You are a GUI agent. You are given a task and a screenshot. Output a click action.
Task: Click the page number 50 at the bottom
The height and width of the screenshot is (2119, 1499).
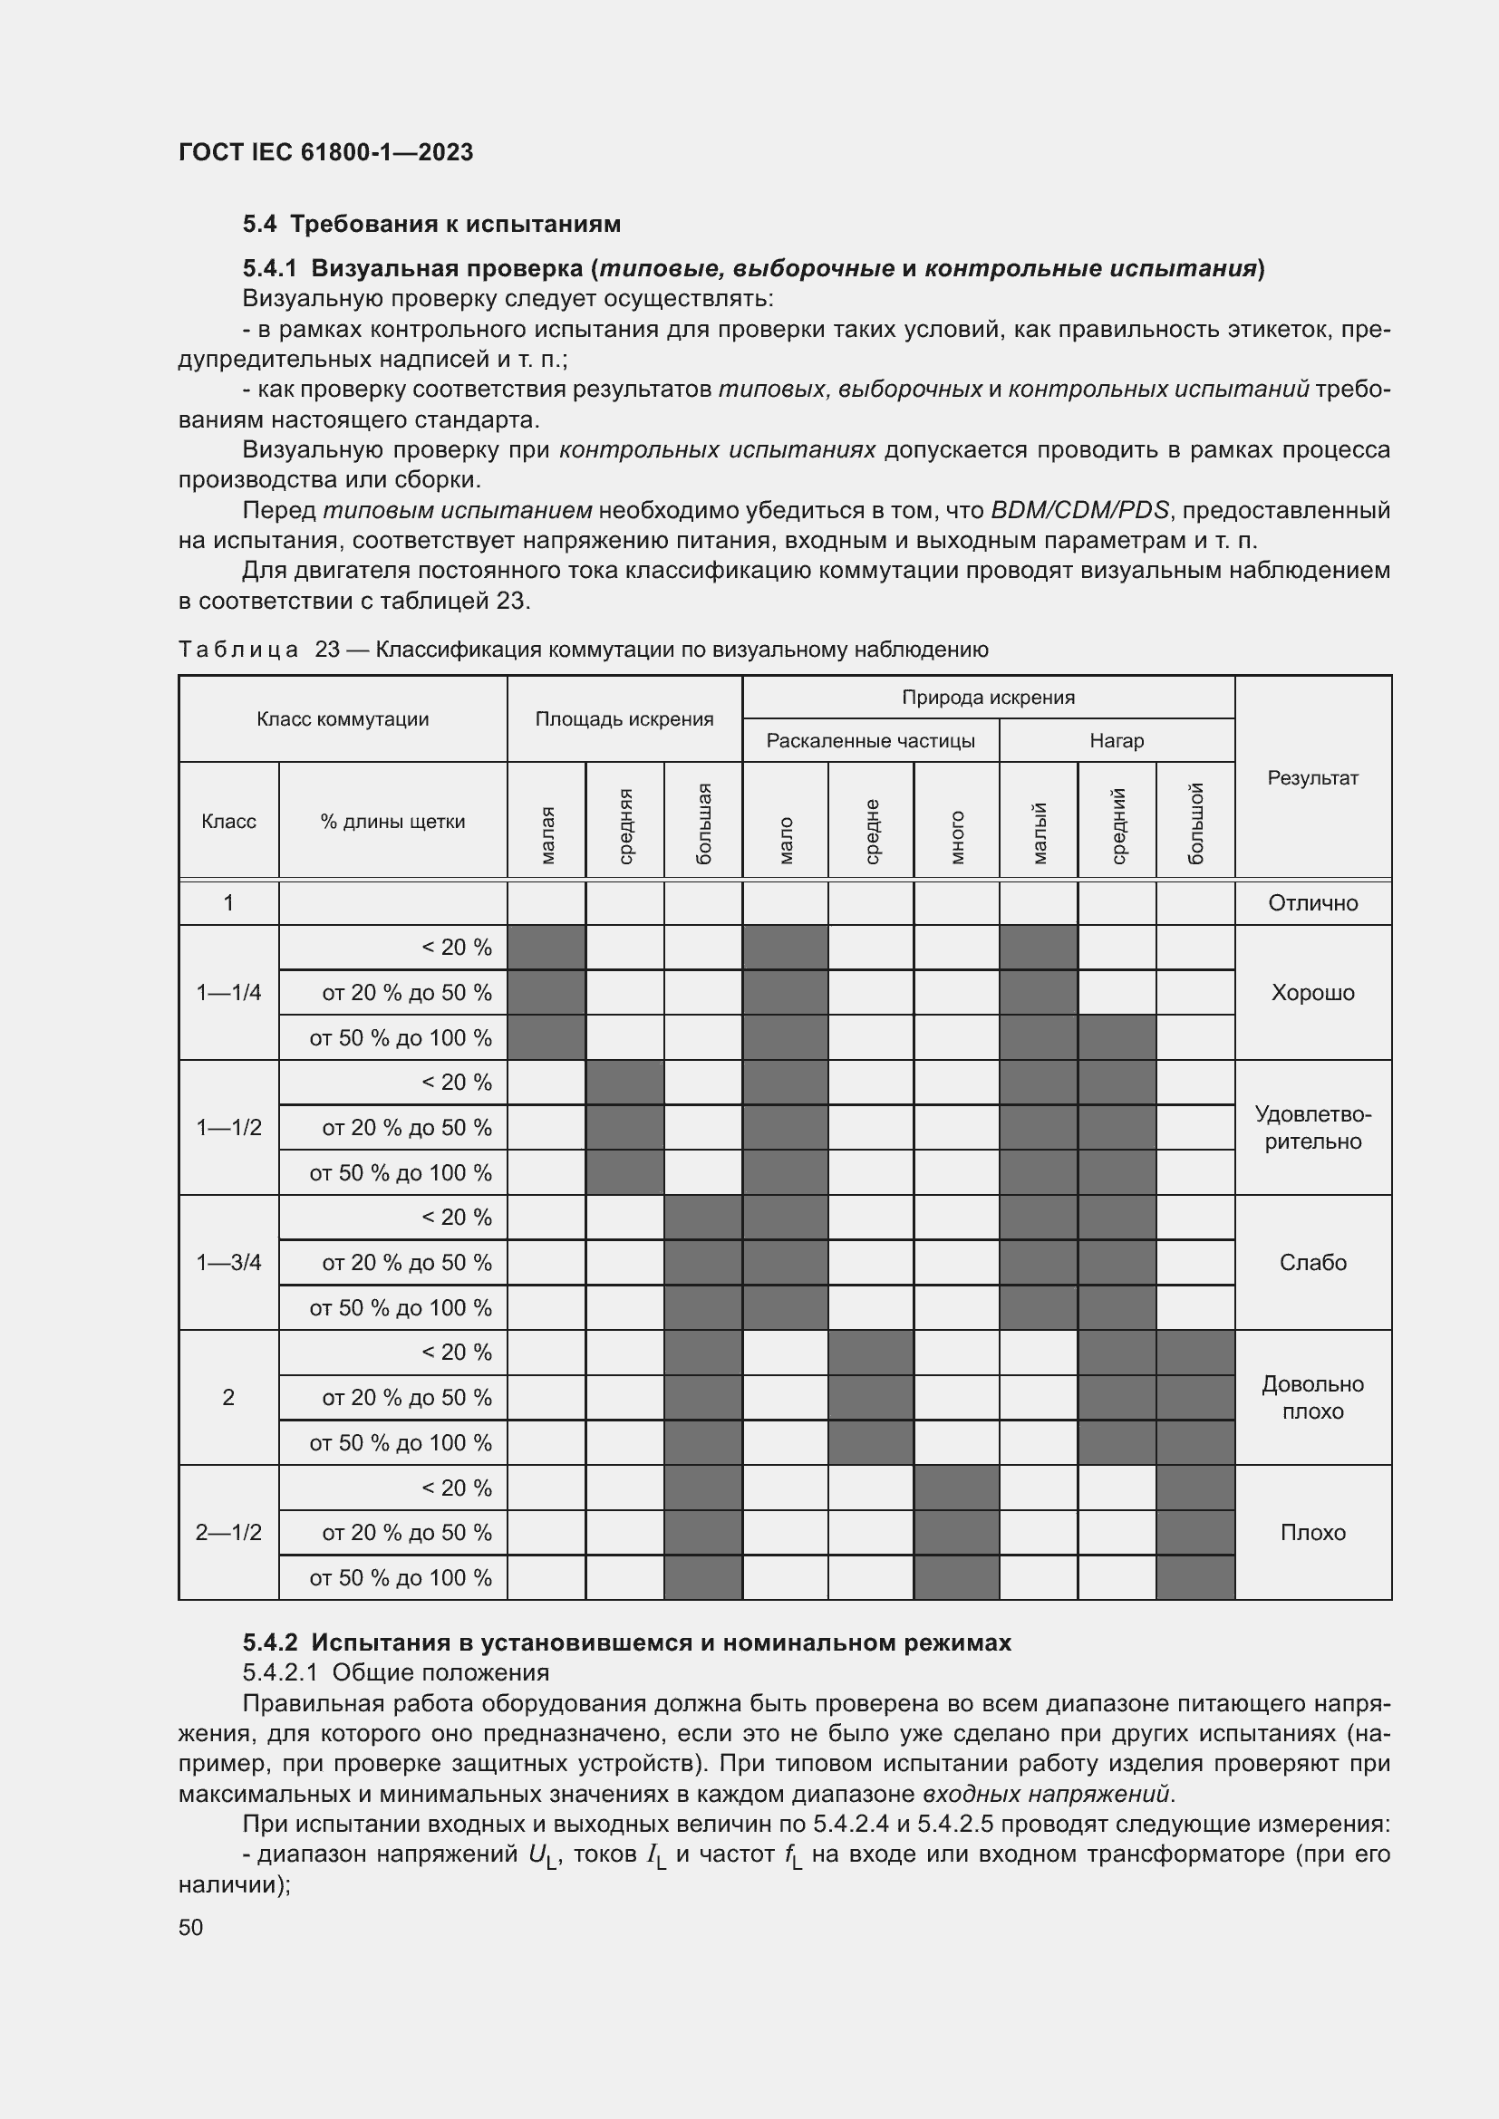(x=190, y=1927)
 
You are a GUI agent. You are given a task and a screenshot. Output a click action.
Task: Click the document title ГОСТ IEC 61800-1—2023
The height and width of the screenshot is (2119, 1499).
(x=326, y=152)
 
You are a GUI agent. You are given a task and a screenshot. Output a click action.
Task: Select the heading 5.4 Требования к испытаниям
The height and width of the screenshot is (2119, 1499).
(x=431, y=225)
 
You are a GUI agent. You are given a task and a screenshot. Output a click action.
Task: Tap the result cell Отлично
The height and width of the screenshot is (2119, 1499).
(x=1312, y=902)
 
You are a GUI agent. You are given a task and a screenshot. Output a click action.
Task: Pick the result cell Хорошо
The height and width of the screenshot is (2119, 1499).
(x=1312, y=993)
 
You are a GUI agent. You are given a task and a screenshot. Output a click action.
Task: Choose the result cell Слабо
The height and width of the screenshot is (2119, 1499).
(x=1312, y=1263)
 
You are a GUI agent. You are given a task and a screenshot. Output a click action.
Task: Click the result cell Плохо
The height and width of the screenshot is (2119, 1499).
(x=1312, y=1532)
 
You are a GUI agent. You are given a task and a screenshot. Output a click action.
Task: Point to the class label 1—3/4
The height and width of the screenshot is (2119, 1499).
(x=228, y=1263)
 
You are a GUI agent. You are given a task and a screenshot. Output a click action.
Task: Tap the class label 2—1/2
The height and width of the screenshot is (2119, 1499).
(x=228, y=1532)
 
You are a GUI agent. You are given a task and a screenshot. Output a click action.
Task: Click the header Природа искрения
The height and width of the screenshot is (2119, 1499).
(x=988, y=698)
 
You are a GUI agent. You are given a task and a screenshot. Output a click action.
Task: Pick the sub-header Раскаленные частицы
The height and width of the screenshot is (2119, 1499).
(x=870, y=741)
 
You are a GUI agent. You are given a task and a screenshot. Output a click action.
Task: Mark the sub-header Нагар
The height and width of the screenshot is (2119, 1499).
(x=1116, y=741)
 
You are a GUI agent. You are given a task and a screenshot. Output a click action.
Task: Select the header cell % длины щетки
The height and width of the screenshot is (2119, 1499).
(x=392, y=822)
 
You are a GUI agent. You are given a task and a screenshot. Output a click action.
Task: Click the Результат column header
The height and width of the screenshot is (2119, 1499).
(x=1312, y=778)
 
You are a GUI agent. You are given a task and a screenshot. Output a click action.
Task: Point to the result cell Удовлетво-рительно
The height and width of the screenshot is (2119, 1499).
(x=1312, y=1128)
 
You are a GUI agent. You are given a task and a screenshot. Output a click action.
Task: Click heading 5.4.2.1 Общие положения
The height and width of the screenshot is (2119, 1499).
(x=395, y=1672)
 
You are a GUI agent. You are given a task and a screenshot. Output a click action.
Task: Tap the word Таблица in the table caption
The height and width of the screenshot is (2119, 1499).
(x=238, y=650)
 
